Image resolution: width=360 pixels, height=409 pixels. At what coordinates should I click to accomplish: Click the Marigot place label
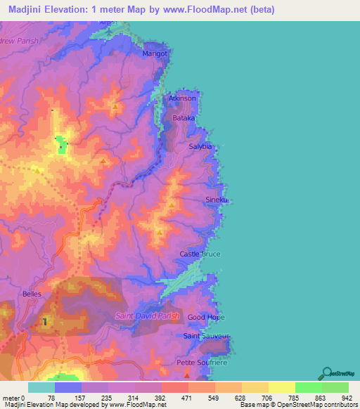pyautogui.click(x=155, y=53)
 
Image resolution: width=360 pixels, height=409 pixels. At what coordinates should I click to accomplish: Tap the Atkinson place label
pyautogui.click(x=182, y=98)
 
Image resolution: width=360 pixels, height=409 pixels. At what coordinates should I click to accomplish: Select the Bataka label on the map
pyautogui.click(x=184, y=119)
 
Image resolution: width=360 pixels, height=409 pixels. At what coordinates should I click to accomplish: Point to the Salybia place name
pyautogui.click(x=200, y=146)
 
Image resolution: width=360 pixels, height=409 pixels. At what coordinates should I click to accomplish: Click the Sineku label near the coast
pyautogui.click(x=217, y=200)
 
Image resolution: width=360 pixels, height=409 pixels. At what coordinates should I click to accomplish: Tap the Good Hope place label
pyautogui.click(x=206, y=318)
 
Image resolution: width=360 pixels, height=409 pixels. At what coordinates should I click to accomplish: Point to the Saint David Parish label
pyautogui.click(x=148, y=316)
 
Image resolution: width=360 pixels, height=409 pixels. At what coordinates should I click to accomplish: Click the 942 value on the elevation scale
pyautogui.click(x=347, y=398)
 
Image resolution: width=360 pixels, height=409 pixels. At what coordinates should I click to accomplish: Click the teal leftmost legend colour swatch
pyautogui.click(x=41, y=387)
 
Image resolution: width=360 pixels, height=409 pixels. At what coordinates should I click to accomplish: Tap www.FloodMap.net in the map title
pyautogui.click(x=210, y=10)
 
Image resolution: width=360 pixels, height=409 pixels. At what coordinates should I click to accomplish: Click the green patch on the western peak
pyautogui.click(x=62, y=147)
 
